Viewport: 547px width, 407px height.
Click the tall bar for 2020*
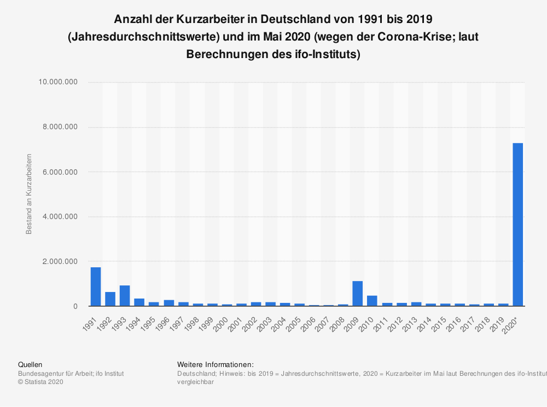pyautogui.click(x=517, y=225)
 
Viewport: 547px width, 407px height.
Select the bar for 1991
pyautogui.click(x=96, y=286)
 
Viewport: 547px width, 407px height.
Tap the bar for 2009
pyautogui.click(x=358, y=294)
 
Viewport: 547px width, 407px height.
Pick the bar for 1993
pyautogui.click(x=125, y=296)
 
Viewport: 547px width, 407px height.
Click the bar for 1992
pyautogui.click(x=110, y=299)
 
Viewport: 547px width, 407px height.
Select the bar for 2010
pyautogui.click(x=372, y=301)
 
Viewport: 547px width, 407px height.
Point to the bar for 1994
pyautogui.click(x=139, y=302)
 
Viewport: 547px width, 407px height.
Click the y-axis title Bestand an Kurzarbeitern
pyautogui.click(x=29, y=194)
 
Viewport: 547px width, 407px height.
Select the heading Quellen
pyautogui.click(x=30, y=364)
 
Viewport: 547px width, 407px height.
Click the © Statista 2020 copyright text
pyautogui.click(x=41, y=382)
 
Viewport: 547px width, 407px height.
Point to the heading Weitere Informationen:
pyautogui.click(x=216, y=364)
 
